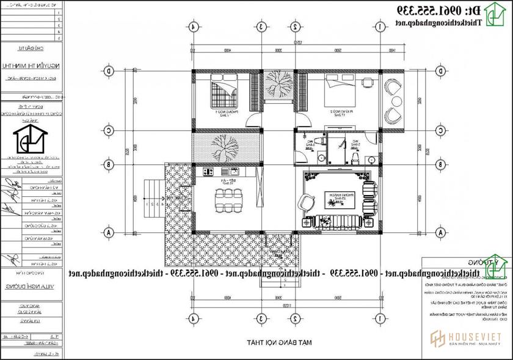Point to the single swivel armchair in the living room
(x=305, y=201)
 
